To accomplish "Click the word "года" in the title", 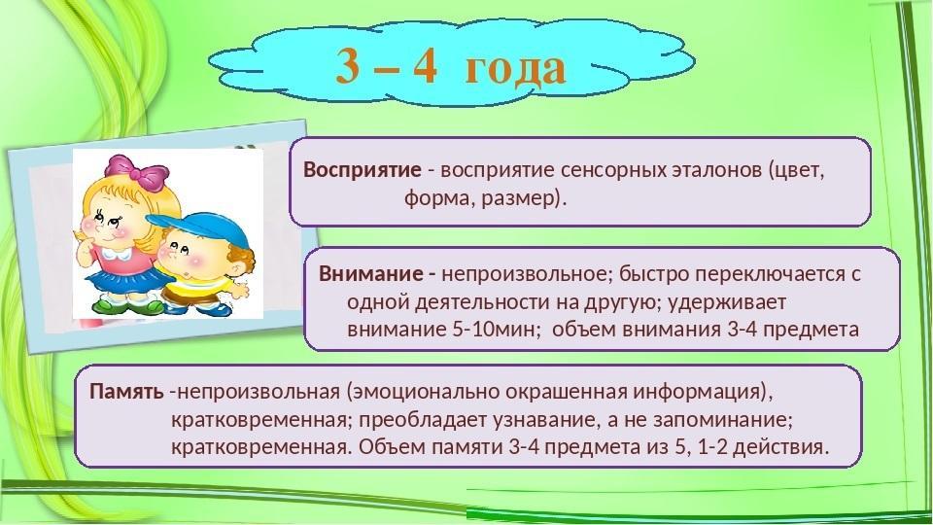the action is point(515,68).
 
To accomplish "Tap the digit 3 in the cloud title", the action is point(349,65).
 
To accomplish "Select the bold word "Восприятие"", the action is point(363,170).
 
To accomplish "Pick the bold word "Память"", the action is point(126,392).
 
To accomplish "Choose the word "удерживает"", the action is point(727,302).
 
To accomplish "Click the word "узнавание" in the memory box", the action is point(544,420).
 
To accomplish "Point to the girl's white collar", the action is point(116,254).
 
